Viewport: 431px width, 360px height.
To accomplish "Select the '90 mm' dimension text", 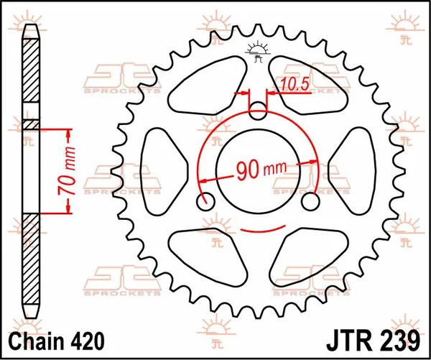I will click(259, 170).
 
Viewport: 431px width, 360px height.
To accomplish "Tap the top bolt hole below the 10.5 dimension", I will click(259, 110).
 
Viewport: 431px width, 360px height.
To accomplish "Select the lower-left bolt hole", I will click(206, 200).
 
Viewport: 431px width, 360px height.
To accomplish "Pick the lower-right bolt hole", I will click(311, 200).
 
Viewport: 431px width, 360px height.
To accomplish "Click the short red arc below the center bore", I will click(259, 231).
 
